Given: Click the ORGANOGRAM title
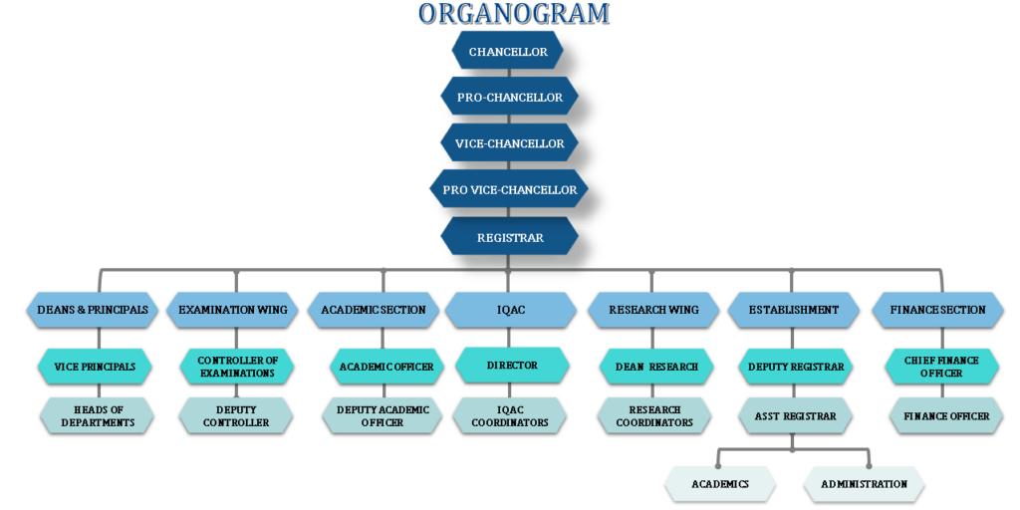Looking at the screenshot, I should tap(513, 14).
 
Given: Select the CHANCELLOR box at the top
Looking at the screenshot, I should tap(508, 52).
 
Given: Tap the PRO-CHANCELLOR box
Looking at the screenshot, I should tap(508, 98).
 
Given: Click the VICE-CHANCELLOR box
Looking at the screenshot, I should tap(509, 143).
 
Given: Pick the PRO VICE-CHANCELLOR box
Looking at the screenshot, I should tap(509, 189).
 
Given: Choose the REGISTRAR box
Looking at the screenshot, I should tap(509, 237).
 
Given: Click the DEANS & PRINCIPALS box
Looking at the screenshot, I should tap(92, 310).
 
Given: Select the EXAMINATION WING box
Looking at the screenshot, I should tap(233, 310).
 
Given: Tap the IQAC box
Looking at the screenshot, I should tap(510, 310).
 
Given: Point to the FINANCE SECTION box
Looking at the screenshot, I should tap(942, 310).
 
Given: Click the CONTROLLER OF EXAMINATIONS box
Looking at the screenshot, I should tap(236, 367).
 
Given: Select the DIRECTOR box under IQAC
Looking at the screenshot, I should tap(512, 366).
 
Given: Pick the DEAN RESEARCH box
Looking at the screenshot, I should tap(655, 367).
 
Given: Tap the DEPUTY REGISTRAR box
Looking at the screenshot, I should tap(795, 367).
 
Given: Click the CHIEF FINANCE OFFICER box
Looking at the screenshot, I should tap(940, 367).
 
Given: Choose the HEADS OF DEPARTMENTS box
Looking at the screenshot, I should tap(97, 415).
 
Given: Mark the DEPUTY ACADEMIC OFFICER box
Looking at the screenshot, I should tap(382, 415).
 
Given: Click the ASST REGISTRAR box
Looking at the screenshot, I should tap(795, 415).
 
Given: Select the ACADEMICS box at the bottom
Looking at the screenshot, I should tap(720, 484).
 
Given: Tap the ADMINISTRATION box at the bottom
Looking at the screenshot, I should tap(864, 484).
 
